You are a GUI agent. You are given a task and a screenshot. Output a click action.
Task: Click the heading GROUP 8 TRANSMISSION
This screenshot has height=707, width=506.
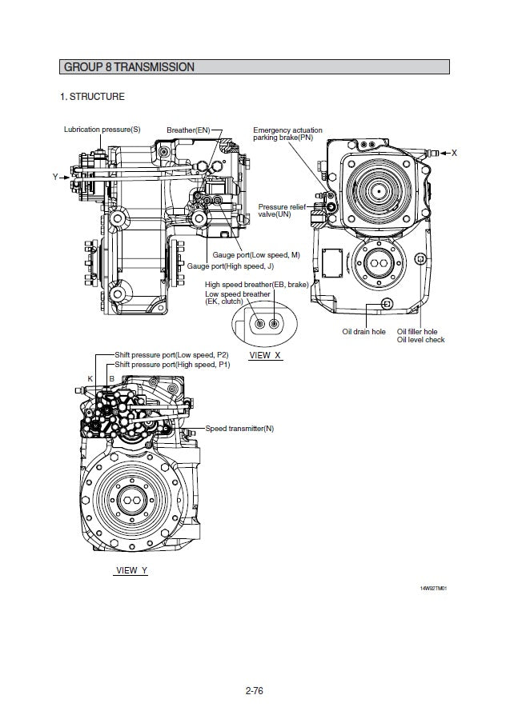tap(128, 67)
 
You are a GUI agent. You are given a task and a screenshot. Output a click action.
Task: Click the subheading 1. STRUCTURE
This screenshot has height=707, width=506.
tap(93, 97)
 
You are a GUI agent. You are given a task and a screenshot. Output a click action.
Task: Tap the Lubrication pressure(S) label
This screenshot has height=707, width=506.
tap(102, 130)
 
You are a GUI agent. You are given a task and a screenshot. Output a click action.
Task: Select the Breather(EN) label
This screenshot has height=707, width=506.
tap(188, 130)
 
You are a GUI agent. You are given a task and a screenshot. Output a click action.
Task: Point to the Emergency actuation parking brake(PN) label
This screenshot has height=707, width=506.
tap(288, 134)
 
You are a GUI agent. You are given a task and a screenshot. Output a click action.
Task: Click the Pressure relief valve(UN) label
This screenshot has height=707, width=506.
tap(282, 211)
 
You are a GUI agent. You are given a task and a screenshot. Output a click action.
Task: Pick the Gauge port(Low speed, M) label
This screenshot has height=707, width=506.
tap(255, 254)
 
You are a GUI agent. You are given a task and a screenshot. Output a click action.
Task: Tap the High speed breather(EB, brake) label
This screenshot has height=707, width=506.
tap(256, 285)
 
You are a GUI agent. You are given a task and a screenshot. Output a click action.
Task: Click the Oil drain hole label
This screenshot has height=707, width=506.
tap(363, 331)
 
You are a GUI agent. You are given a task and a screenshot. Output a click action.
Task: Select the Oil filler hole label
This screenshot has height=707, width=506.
tap(417, 331)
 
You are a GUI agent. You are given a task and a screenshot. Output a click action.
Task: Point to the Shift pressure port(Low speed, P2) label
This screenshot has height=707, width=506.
tap(171, 354)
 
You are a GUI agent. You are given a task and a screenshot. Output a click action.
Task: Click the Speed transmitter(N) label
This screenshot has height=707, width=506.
tap(239, 429)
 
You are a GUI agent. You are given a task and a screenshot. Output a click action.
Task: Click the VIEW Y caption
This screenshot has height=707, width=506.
tap(132, 570)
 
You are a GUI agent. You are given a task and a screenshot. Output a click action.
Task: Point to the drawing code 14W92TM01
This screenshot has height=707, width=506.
tap(433, 589)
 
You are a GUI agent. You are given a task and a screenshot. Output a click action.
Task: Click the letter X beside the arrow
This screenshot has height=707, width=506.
tap(454, 152)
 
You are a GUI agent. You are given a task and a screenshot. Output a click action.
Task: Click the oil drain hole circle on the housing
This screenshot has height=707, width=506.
tap(388, 303)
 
